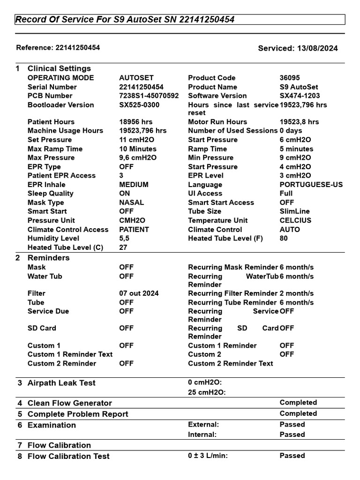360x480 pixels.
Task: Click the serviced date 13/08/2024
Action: [x=317, y=48]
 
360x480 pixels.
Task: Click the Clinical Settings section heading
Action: [x=59, y=68]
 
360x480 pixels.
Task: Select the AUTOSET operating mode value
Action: [x=136, y=78]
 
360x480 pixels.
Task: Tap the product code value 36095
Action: [x=290, y=78]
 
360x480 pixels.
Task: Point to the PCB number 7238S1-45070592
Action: [x=149, y=96]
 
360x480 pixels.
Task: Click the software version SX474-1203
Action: [x=300, y=96]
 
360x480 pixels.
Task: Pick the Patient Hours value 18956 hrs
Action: [x=136, y=122]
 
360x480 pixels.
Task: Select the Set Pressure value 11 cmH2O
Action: [x=137, y=140]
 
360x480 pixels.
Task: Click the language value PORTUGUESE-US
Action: [x=311, y=185]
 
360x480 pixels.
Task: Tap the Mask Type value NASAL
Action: [x=132, y=202]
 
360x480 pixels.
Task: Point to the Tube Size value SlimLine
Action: [x=295, y=211]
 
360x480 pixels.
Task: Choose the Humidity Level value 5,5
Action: [x=125, y=238]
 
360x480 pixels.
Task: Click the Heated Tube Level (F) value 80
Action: [x=284, y=238]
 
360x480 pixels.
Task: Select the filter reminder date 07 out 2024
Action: [x=139, y=293]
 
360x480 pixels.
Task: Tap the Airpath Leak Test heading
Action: [x=61, y=383]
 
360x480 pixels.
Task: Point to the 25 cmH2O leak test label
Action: [x=207, y=392]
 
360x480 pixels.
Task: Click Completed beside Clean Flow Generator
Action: [x=298, y=403]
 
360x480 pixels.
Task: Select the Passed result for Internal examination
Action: [x=292, y=435]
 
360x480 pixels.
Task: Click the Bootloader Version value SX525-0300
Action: [x=139, y=105]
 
